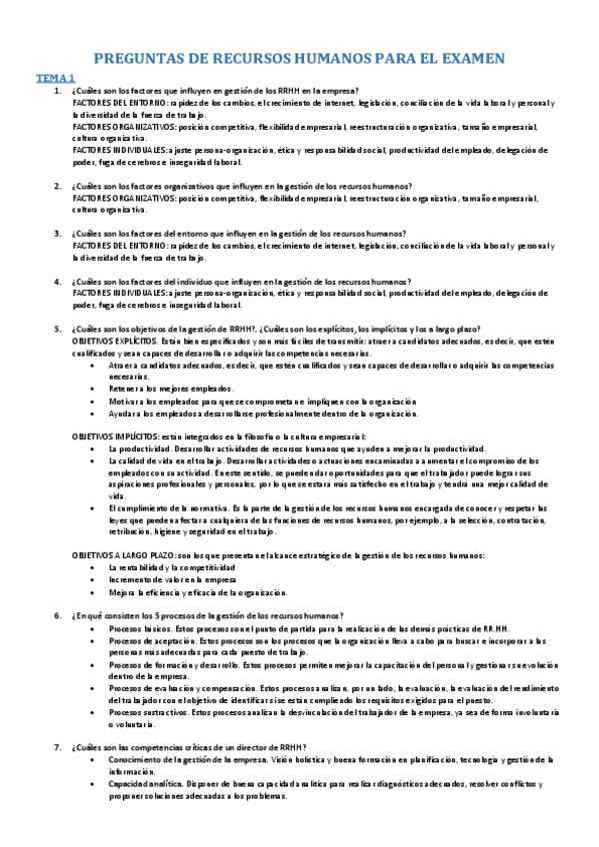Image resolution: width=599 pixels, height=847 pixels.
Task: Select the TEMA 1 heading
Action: [x=55, y=77]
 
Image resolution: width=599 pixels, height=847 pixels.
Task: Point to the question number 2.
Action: [x=57, y=187]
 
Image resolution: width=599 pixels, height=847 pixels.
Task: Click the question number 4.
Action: [x=57, y=282]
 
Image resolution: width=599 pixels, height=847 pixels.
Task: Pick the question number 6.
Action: [x=57, y=616]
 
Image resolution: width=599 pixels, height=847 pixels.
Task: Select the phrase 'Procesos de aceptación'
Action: [x=144, y=640]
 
